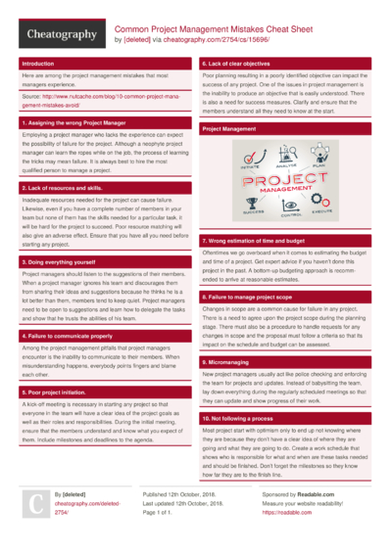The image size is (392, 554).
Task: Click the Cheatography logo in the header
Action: coord(60,34)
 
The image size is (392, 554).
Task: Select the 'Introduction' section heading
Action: coord(39,63)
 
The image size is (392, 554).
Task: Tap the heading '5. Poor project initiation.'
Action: coord(58,392)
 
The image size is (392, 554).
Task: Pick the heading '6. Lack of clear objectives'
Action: coord(236,63)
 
